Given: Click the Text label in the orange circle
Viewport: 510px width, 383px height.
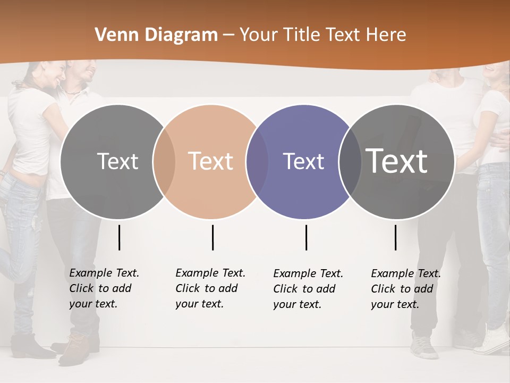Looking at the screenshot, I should click(210, 161).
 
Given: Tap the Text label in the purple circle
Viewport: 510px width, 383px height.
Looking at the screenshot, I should click(303, 161).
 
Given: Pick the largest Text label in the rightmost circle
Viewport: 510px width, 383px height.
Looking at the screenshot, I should click(396, 161).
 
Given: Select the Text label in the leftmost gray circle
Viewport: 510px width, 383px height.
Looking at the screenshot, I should click(117, 161).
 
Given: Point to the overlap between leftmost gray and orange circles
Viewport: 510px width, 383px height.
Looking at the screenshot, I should click(164, 162).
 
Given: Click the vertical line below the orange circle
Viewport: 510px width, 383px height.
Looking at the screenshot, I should click(212, 237).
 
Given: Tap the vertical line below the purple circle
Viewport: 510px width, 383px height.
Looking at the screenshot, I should click(306, 237).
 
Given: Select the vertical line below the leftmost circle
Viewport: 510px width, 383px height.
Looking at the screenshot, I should click(119, 237).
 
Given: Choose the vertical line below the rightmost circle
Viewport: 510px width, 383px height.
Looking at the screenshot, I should click(395, 237).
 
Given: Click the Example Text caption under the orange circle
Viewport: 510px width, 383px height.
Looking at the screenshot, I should click(210, 288).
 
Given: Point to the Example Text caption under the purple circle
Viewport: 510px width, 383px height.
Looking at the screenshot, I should click(308, 288).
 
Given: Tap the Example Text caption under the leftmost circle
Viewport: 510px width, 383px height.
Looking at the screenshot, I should click(104, 288).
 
